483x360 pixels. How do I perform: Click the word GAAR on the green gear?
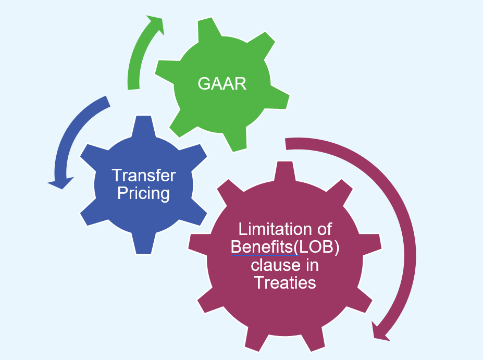tap(222, 83)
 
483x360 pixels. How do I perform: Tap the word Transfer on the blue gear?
tap(144, 175)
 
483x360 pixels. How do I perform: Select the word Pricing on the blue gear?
tap(144, 193)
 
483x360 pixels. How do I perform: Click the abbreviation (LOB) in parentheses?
tap(319, 247)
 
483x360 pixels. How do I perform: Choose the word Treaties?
tap(285, 282)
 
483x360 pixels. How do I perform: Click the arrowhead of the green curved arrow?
tap(155, 24)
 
